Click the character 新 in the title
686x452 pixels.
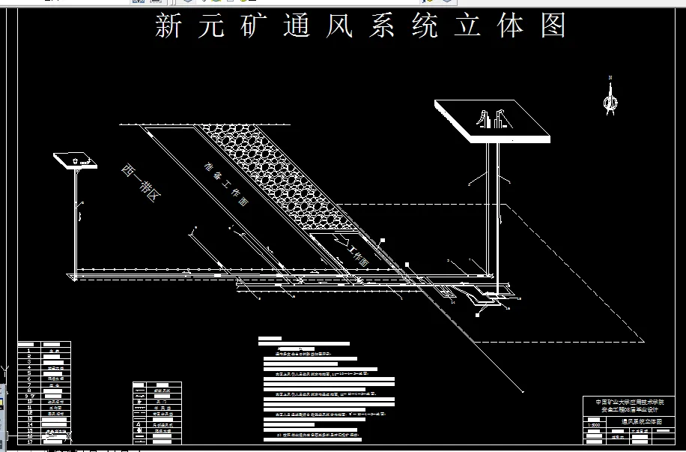169,27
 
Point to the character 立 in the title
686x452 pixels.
464,27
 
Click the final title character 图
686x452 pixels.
552,27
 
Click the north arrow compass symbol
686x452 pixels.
611,96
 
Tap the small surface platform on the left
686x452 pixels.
74,160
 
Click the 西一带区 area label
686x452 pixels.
142,183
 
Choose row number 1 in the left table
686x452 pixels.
28,349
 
